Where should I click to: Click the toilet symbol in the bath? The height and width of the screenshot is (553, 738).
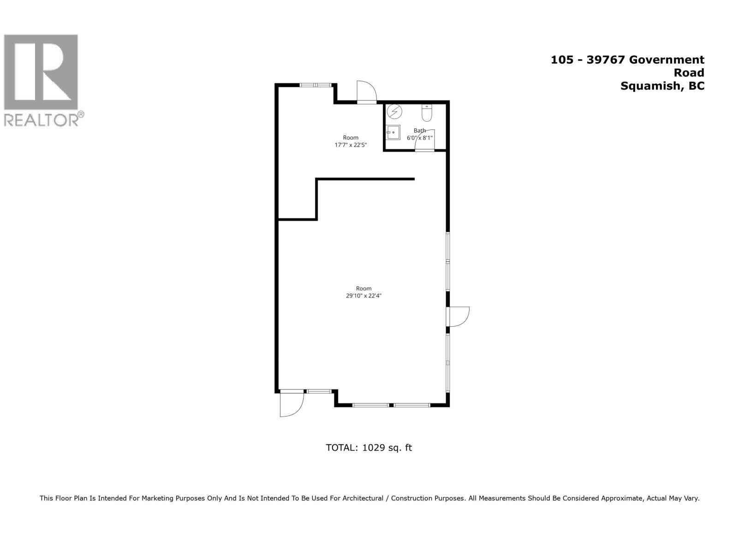click(427, 112)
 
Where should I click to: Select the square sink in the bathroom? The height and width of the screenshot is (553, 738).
click(393, 132)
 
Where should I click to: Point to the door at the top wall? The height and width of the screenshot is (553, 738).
click(367, 92)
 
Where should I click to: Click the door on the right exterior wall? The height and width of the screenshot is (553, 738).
click(458, 317)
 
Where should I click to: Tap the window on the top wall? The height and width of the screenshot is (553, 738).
click(315, 85)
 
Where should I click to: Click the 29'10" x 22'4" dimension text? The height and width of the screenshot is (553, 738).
click(364, 296)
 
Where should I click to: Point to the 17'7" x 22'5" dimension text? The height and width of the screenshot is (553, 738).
click(351, 145)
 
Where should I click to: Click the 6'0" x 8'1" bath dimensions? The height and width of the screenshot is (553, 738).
click(420, 137)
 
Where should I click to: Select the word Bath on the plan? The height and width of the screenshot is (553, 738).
click(420, 130)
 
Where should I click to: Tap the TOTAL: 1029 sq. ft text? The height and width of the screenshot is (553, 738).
click(369, 447)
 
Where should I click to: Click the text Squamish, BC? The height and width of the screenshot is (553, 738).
click(662, 86)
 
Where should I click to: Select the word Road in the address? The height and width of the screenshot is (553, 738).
click(689, 72)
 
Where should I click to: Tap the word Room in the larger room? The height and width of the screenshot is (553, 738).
click(364, 288)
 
